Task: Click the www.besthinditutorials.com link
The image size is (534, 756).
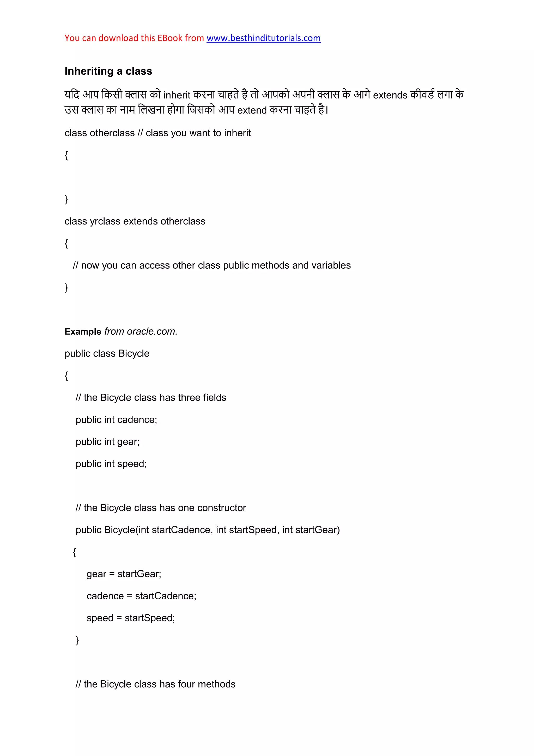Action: point(263,38)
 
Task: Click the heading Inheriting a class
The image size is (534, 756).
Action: point(108,71)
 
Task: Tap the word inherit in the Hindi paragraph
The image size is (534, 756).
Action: point(177,95)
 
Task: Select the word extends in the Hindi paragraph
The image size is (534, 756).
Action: point(390,95)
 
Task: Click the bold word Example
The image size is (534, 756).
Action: point(83,332)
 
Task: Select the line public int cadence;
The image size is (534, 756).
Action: point(116,420)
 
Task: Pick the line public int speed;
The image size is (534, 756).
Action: point(111,464)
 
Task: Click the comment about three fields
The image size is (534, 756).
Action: point(151,398)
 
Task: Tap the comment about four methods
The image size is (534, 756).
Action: point(155,684)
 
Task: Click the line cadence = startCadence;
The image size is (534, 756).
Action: point(141,596)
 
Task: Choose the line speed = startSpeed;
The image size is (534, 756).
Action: point(131,618)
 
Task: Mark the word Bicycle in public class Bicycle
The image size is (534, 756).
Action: point(133,354)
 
